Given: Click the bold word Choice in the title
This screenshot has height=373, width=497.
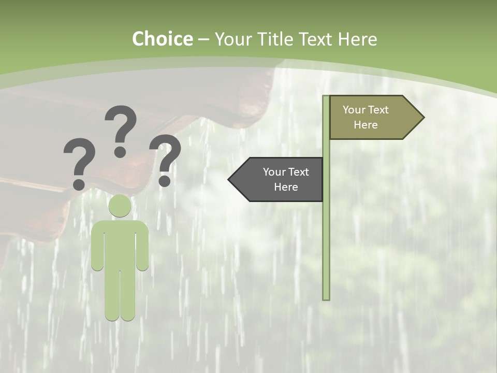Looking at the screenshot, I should point(162,39).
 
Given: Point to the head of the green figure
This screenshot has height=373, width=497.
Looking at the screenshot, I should point(120,206).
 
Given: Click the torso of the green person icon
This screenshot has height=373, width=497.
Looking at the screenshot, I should point(120,243).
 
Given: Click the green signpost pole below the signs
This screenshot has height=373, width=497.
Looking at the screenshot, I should point(326,249).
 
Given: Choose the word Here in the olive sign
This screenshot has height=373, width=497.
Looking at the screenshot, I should point(366,125).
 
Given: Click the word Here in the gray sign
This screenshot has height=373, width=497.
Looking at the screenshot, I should point(286,187).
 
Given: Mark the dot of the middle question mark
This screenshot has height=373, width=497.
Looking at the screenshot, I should point(120,152).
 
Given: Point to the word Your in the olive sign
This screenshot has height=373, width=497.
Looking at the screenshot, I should point(354,110).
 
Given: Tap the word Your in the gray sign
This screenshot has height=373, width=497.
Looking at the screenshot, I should point(274,172).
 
